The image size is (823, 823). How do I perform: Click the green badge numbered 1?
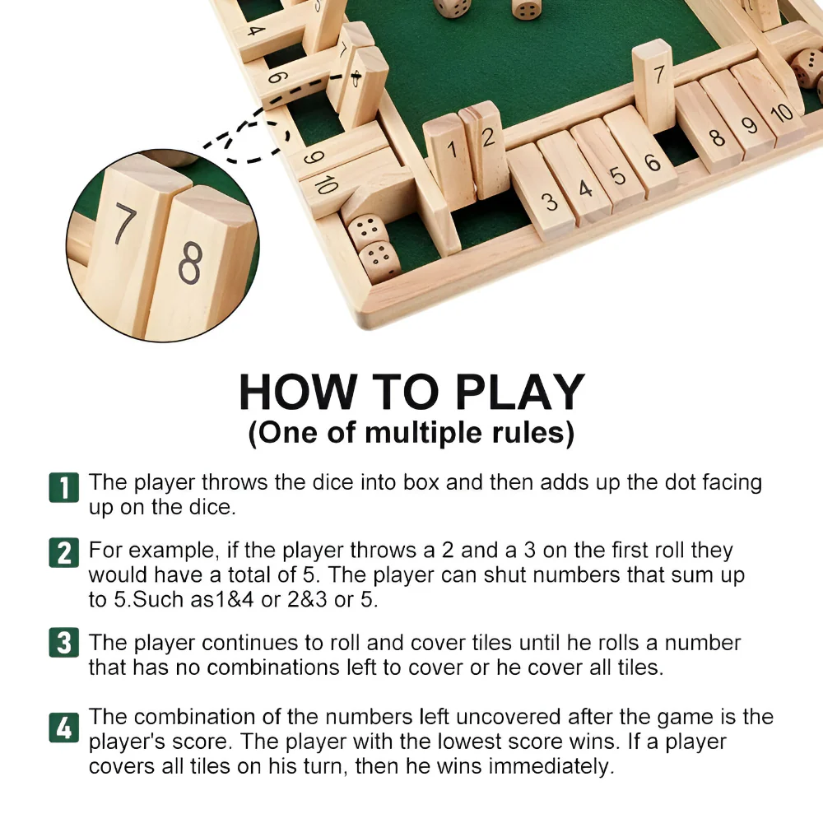coord(64,487)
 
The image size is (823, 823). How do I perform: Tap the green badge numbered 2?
coord(64,551)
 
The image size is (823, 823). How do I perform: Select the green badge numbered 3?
coord(64,643)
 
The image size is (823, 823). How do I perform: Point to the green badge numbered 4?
coord(64,728)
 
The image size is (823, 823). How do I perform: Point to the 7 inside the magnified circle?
coord(124,226)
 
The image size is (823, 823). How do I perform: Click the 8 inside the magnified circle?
coord(189,263)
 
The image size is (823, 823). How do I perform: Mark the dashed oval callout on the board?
coord(258,138)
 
